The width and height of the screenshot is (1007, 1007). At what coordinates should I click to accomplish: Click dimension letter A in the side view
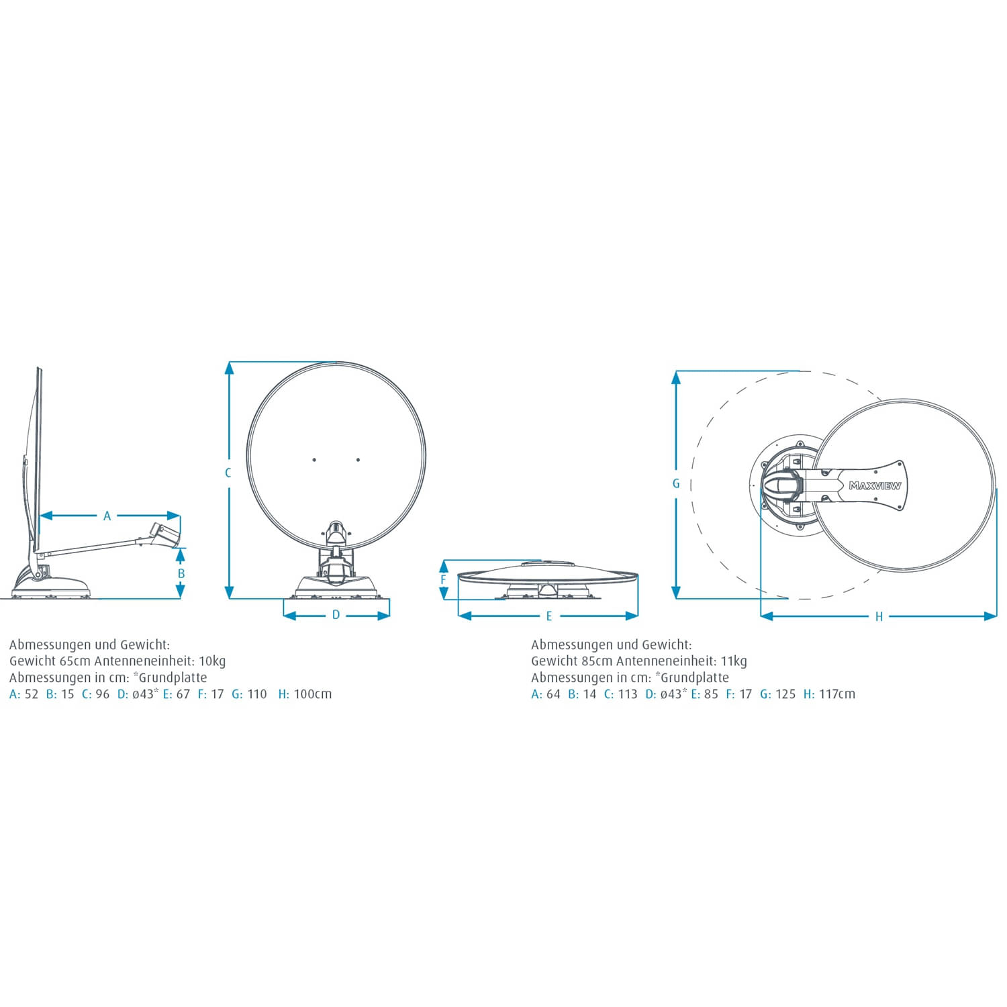click(107, 516)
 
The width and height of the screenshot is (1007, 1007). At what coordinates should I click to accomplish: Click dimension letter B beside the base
click(181, 574)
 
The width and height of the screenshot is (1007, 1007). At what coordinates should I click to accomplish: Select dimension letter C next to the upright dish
click(228, 473)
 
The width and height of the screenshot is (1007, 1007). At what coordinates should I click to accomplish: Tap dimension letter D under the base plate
click(336, 615)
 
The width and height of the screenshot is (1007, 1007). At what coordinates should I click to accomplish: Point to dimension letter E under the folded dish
click(549, 616)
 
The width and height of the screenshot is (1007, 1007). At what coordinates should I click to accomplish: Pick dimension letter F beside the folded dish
click(443, 580)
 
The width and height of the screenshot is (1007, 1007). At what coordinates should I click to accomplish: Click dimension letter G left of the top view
click(676, 483)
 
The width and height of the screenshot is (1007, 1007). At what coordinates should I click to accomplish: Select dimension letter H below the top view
click(879, 617)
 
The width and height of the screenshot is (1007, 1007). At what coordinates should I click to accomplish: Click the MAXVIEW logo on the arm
click(875, 485)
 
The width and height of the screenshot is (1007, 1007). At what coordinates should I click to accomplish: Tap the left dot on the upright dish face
click(314, 460)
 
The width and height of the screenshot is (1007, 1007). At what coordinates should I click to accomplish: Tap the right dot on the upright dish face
click(358, 460)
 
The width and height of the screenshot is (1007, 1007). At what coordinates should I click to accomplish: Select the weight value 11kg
click(734, 661)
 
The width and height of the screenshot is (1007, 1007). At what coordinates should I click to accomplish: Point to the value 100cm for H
click(313, 694)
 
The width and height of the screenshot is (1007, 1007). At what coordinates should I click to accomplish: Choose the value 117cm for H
click(837, 694)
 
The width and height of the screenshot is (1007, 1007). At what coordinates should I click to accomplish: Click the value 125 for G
click(785, 694)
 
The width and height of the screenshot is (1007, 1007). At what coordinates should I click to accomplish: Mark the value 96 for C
click(102, 694)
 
